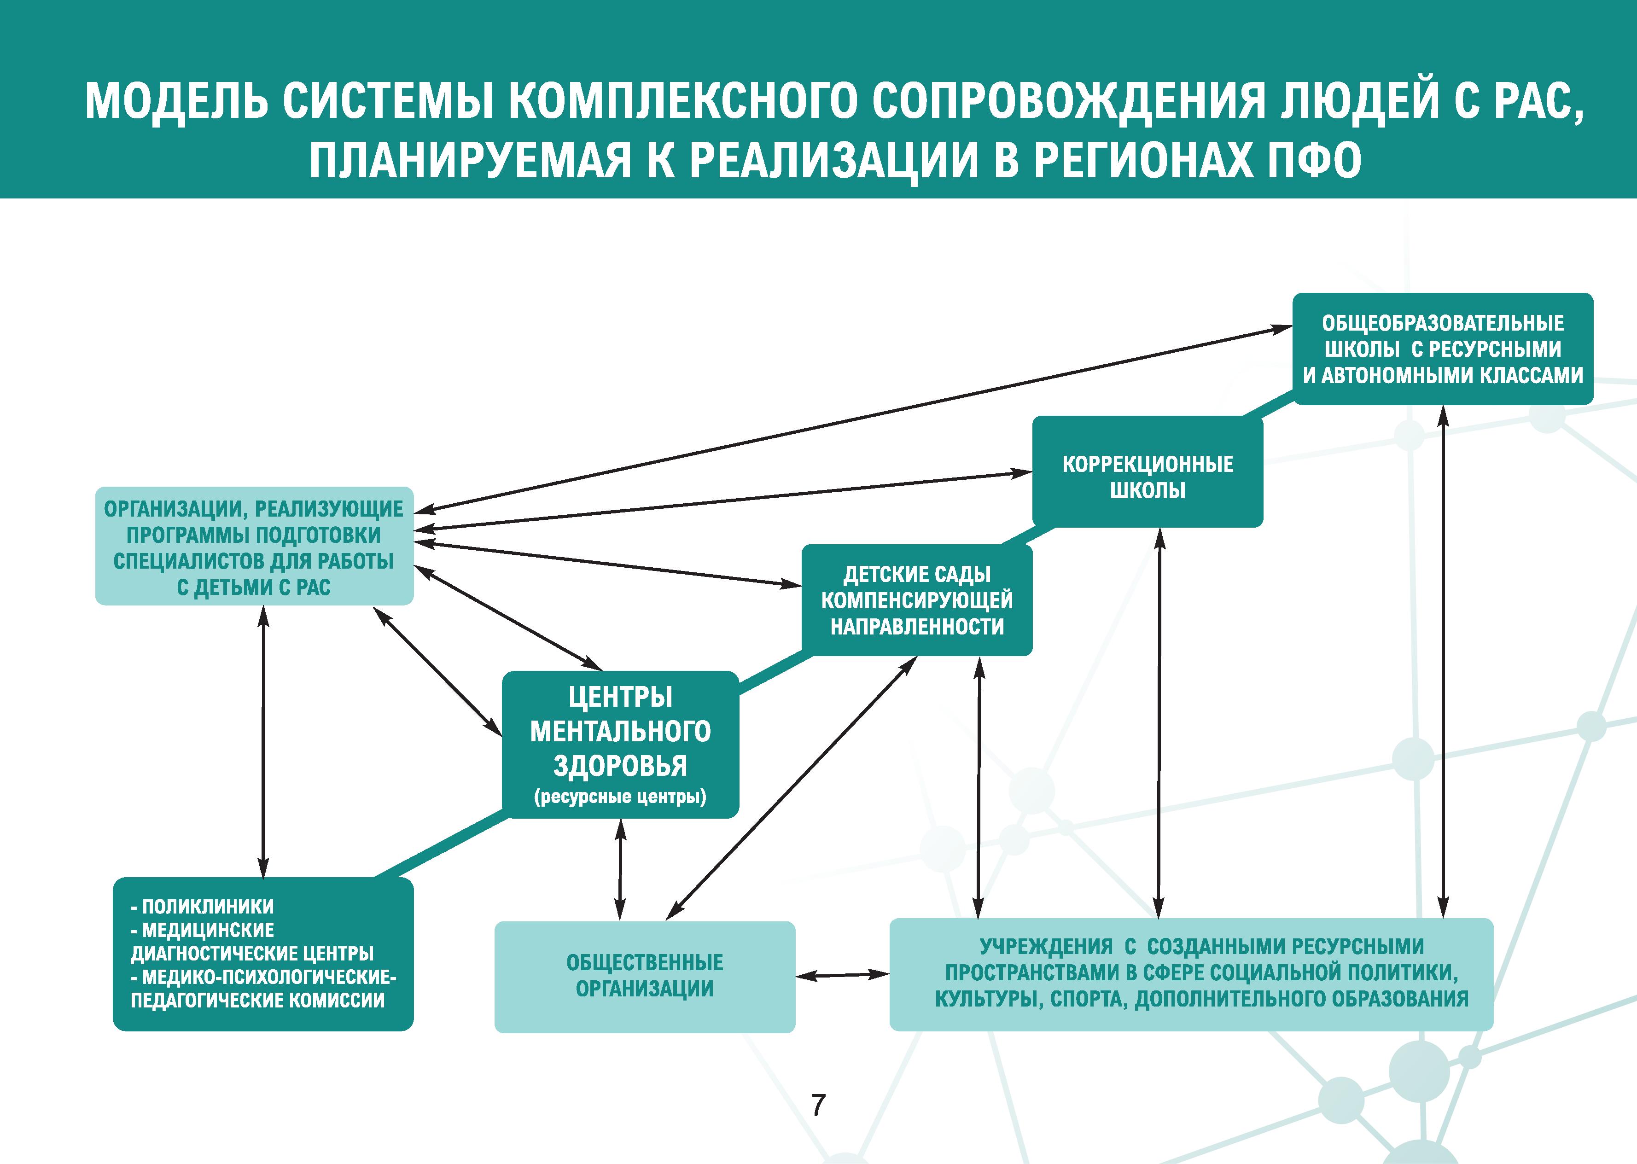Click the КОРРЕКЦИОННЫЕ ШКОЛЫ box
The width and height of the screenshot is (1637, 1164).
[1148, 471]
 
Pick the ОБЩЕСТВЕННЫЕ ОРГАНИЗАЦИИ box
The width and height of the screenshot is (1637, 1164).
[645, 976]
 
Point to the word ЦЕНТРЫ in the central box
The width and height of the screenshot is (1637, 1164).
[621, 697]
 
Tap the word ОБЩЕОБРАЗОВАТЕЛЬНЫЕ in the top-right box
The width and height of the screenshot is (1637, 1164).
[1443, 323]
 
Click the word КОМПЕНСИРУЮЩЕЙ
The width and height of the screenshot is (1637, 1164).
[917, 600]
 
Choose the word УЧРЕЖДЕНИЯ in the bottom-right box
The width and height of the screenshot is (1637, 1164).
[1046, 947]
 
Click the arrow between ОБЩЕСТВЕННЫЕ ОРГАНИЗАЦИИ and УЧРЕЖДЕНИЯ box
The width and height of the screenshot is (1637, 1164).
[843, 975]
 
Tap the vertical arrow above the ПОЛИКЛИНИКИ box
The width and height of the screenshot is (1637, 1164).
[264, 741]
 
